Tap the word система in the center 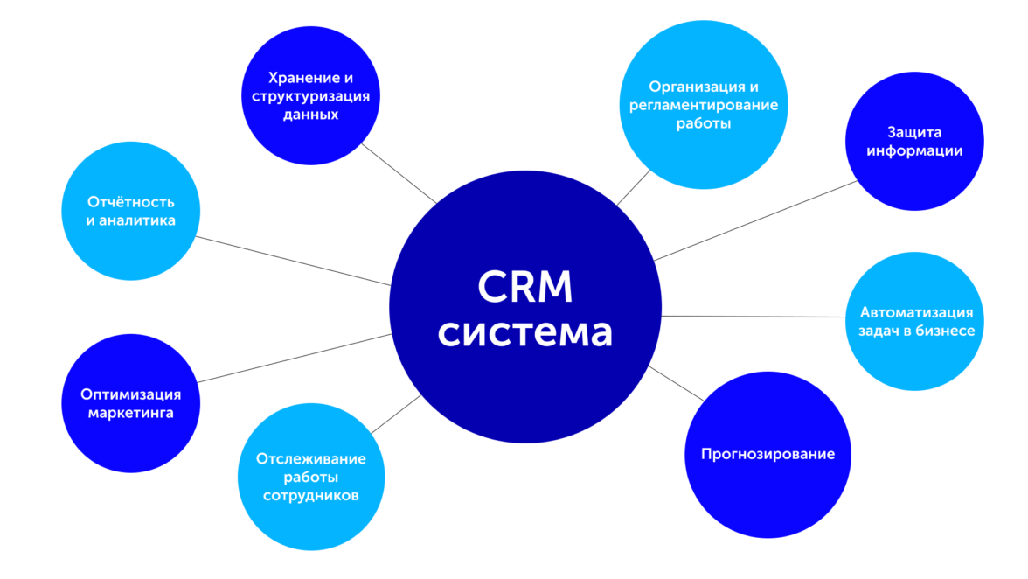524,333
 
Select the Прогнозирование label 768,454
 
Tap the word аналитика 137,220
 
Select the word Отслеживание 310,458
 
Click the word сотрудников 310,496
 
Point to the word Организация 690,87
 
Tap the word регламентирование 704,106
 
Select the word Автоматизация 916,311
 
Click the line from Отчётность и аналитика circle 293,261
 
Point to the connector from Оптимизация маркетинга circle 293,358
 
